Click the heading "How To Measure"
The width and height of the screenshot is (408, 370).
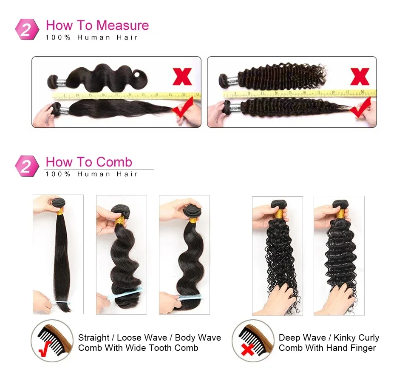97,25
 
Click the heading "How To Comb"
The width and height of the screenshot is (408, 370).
89,162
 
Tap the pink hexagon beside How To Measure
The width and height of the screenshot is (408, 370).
27,29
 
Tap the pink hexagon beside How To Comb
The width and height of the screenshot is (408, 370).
27,166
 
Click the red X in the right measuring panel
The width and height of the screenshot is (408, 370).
360,77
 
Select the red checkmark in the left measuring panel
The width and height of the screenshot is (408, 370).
182,108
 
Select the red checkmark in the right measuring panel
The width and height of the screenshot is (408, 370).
360,108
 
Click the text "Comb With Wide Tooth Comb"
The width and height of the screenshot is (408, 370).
138,348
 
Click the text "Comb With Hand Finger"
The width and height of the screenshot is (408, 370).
327,348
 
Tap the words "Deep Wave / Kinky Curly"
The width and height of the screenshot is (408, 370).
329,338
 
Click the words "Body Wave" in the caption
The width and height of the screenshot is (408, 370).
198,338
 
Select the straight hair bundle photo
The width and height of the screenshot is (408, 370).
58,254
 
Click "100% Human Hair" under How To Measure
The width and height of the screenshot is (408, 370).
92,37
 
